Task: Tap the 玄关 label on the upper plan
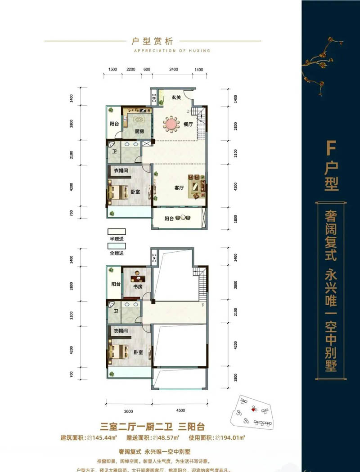(175, 98)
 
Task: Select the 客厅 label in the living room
(179, 188)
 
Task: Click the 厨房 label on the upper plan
(139, 132)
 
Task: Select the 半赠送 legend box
(117, 232)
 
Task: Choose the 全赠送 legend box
(117, 245)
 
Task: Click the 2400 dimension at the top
(174, 70)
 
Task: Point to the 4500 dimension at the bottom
(180, 410)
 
